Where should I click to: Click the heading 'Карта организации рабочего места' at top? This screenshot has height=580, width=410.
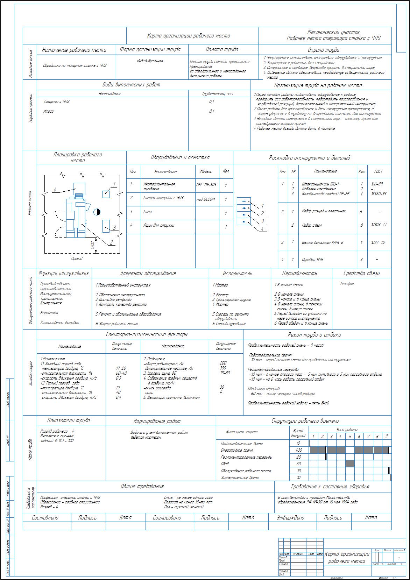click(189, 36)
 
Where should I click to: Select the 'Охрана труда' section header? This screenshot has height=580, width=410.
click(323, 50)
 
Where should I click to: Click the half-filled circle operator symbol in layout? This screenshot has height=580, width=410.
click(97, 212)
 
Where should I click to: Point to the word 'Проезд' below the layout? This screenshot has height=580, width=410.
click(77, 259)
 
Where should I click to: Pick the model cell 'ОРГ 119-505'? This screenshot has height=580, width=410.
click(206, 184)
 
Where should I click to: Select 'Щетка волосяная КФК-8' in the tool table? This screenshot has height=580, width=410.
click(322, 242)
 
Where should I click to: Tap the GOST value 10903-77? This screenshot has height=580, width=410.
click(379, 225)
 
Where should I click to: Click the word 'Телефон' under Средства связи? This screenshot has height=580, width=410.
click(347, 284)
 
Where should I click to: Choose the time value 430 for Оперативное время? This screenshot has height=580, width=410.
click(299, 450)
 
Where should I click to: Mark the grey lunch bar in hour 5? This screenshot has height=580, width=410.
click(350, 464)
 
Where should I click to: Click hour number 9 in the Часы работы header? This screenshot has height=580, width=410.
click(386, 437)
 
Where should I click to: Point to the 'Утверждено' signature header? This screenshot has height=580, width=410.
click(290, 518)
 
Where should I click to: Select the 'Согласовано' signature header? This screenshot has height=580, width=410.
click(167, 518)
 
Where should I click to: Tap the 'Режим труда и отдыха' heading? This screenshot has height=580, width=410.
click(314, 335)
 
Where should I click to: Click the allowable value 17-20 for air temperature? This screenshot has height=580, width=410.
click(121, 368)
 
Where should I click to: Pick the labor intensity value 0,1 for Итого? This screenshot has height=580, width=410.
click(212, 112)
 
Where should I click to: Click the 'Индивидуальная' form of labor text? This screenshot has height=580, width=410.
click(150, 61)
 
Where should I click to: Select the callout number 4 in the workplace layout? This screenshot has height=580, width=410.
click(55, 190)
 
